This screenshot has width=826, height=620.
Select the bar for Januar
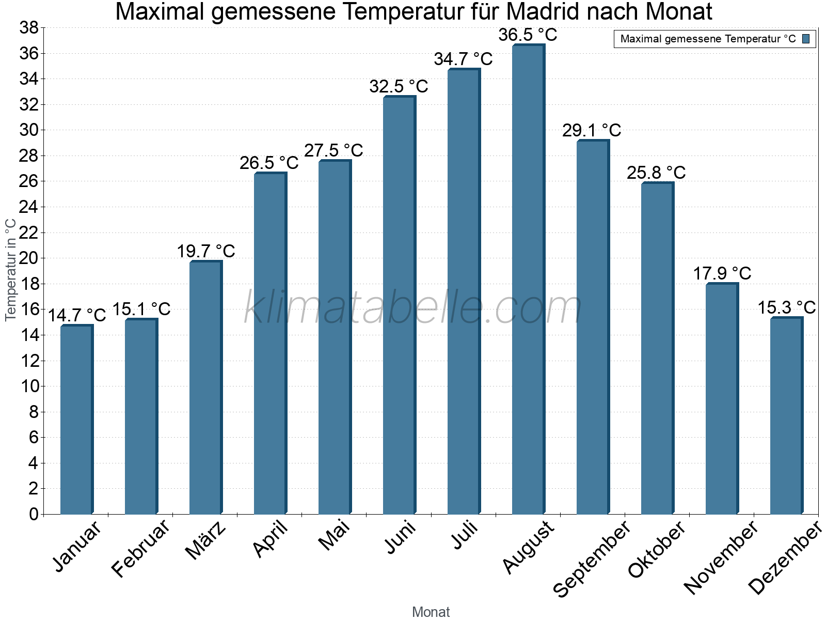click(x=76, y=420)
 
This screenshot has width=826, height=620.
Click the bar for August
click(x=528, y=280)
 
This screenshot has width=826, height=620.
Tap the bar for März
click(x=205, y=388)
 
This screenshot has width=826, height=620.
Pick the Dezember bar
click(x=786, y=416)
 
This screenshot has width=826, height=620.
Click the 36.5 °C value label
click(x=528, y=35)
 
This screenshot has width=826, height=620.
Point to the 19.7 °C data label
click(x=206, y=252)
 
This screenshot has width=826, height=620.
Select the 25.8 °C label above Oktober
click(x=656, y=173)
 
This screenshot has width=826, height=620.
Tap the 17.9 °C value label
click(x=722, y=273)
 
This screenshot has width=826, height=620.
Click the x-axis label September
click(x=591, y=558)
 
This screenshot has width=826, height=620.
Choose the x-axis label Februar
click(x=140, y=548)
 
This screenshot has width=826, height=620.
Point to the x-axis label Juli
click(x=465, y=535)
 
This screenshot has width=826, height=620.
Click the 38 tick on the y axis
click(x=29, y=28)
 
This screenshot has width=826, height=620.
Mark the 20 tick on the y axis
click(x=29, y=258)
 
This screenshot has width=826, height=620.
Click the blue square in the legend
click(x=806, y=39)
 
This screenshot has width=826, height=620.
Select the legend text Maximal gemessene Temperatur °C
click(x=708, y=39)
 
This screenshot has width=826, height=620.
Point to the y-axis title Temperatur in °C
click(x=10, y=270)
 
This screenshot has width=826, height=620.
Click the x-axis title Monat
click(x=431, y=612)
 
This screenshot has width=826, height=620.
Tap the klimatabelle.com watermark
click(x=413, y=308)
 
